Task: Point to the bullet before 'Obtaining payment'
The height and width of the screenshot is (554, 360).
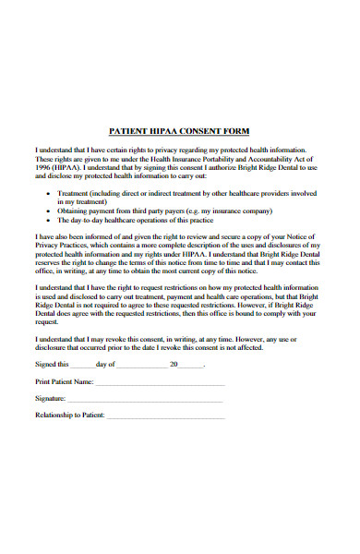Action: click(x=48, y=211)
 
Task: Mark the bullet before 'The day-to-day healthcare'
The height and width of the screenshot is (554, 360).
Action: click(x=48, y=222)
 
